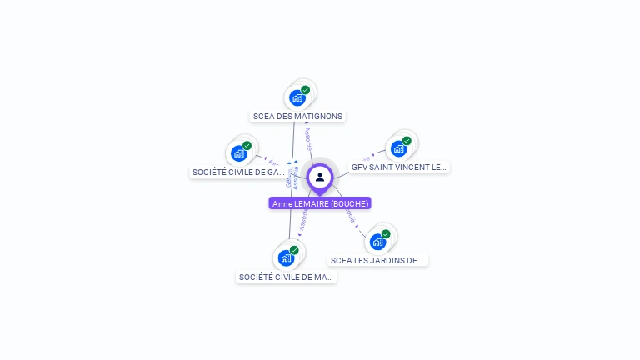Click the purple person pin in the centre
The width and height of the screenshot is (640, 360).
pyautogui.click(x=320, y=177)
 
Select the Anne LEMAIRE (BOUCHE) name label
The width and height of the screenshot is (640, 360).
pyautogui.click(x=320, y=203)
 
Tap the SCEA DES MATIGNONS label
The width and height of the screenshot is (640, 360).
pyautogui.click(x=297, y=117)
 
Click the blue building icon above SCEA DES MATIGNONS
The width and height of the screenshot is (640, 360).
pyautogui.click(x=297, y=98)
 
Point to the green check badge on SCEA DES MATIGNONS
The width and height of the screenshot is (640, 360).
pyautogui.click(x=306, y=90)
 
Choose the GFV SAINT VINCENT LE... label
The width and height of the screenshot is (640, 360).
pyautogui.click(x=399, y=167)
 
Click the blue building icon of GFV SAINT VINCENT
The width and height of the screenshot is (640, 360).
pyautogui.click(x=399, y=149)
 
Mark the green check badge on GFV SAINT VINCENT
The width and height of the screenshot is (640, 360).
pyautogui.click(x=407, y=141)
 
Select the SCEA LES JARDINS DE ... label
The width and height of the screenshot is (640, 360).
pyautogui.click(x=378, y=260)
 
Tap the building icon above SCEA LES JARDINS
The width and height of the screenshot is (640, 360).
pyautogui.click(x=378, y=242)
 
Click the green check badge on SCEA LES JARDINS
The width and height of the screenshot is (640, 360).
pyautogui.click(x=386, y=234)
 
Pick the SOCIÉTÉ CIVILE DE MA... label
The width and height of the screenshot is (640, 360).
pyautogui.click(x=287, y=277)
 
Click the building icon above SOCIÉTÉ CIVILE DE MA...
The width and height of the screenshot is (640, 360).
pyautogui.click(x=287, y=258)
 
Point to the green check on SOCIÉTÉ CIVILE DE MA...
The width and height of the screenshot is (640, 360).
pyautogui.click(x=294, y=250)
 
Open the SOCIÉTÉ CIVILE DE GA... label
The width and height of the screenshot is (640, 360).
pyautogui.click(x=239, y=172)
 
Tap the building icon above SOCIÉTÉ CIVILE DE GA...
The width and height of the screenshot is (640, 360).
pyautogui.click(x=239, y=153)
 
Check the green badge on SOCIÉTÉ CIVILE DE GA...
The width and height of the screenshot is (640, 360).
pyautogui.click(x=247, y=146)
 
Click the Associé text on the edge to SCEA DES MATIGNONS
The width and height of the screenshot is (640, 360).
pyautogui.click(x=308, y=138)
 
